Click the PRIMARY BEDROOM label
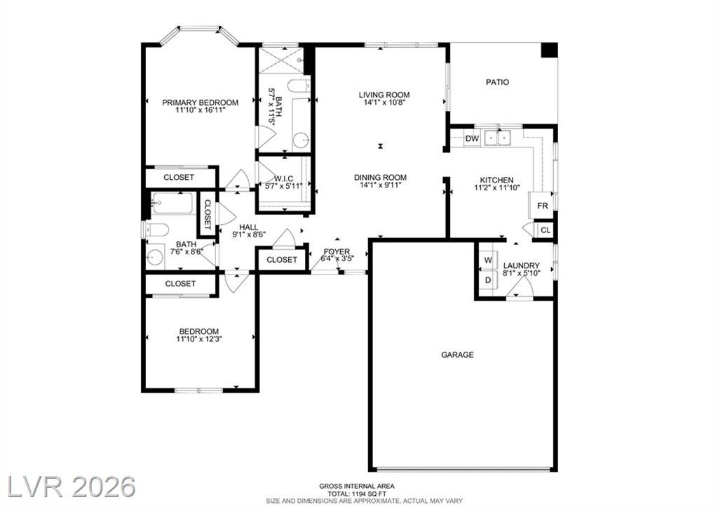click(x=200, y=103)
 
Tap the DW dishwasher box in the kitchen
click(x=472, y=138)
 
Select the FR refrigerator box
click(x=542, y=206)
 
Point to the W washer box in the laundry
click(x=488, y=261)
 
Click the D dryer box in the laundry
click(x=488, y=279)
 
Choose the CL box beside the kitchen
click(x=546, y=230)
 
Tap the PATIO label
click(x=497, y=83)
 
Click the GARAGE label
click(x=457, y=355)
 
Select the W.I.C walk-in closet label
click(x=284, y=178)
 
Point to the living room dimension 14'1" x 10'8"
click(x=384, y=103)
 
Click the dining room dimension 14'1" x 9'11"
click(x=381, y=185)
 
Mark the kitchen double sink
click(x=497, y=138)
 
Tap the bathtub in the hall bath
click(x=172, y=203)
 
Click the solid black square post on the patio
click(x=550, y=50)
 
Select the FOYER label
click(x=337, y=251)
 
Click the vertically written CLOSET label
click(x=207, y=214)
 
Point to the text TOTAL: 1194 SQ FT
click(x=356, y=494)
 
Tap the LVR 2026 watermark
click(x=72, y=487)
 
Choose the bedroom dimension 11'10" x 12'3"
click(x=198, y=339)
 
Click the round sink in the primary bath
click(x=302, y=140)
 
